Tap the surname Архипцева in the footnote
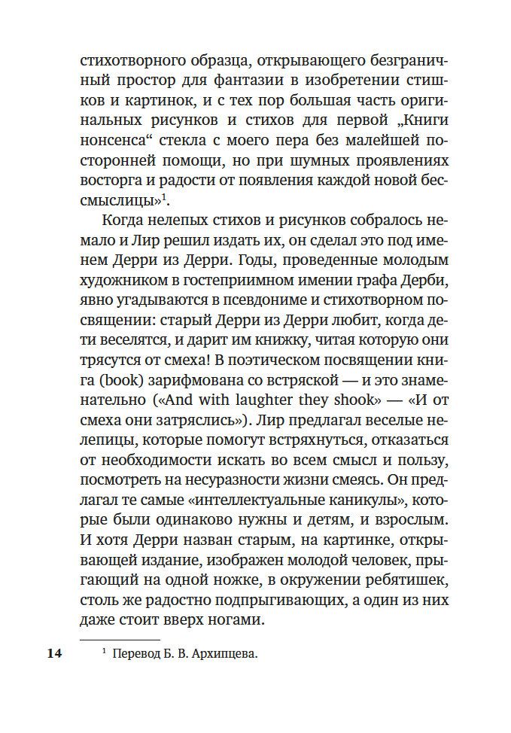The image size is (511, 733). [224, 655]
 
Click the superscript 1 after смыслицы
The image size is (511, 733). [167, 198]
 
